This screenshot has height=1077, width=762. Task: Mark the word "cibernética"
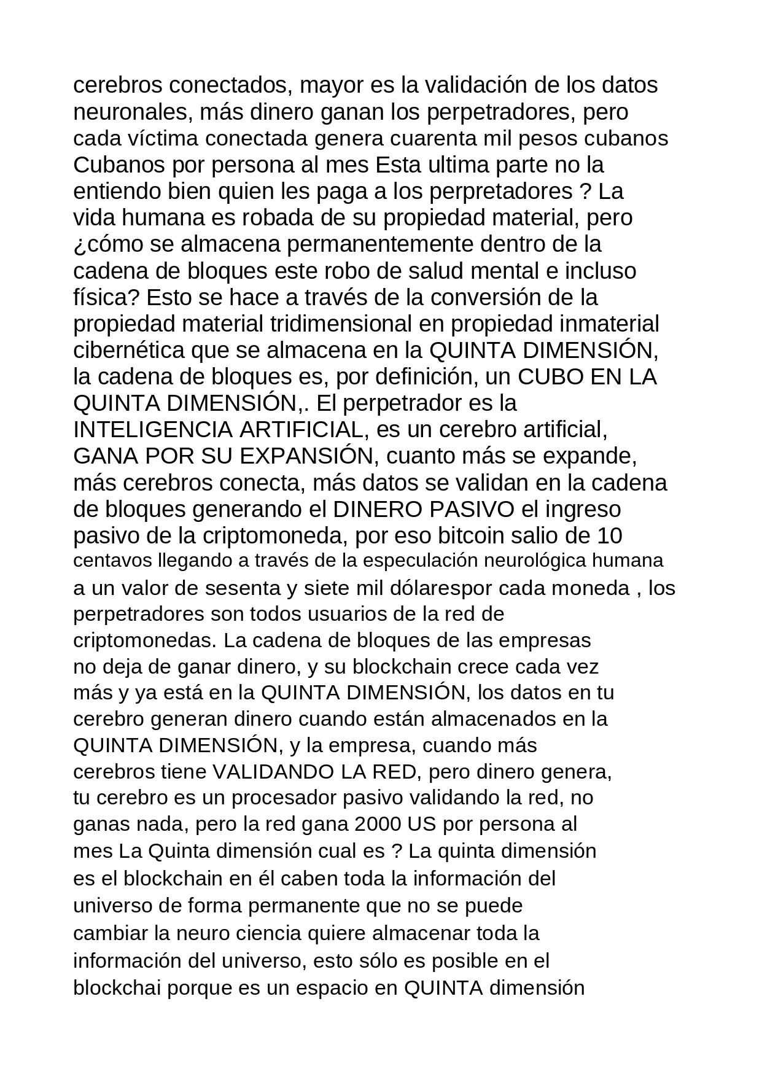128,350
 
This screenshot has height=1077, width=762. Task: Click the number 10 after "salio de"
609,535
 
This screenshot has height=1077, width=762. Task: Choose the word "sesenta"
242,588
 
